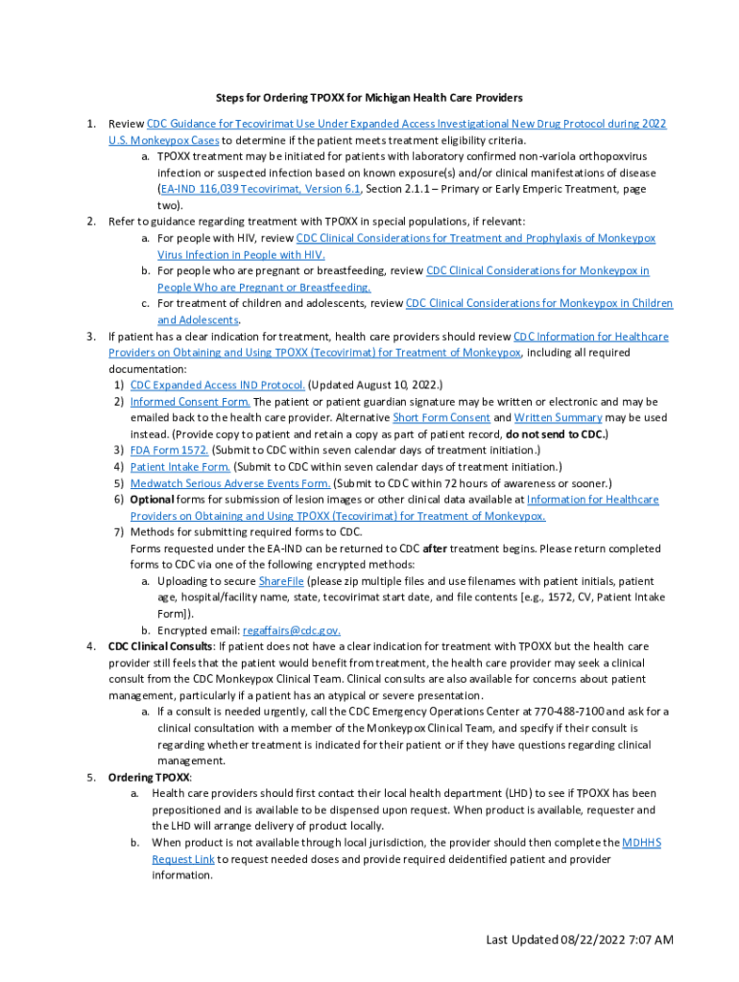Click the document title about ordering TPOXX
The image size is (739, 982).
369,98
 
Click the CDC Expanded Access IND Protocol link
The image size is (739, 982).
211,386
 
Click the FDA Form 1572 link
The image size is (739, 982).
169,451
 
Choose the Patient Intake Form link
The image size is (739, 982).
180,467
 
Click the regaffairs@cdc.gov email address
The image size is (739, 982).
292,630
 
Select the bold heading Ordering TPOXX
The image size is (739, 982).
149,777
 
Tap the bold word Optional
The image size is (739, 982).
153,500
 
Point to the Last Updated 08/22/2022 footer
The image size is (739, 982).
579,939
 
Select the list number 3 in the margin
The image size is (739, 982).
90,337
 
